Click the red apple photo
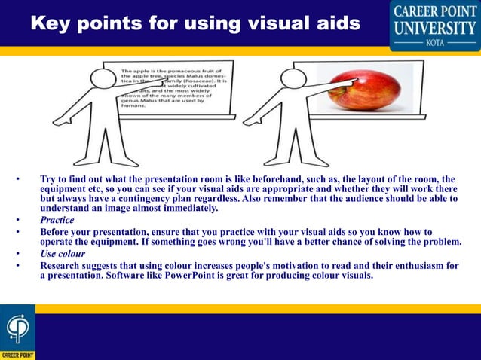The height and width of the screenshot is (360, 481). point(363,86)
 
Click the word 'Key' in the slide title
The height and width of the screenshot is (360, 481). point(52,23)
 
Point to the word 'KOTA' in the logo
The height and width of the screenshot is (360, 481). point(435,44)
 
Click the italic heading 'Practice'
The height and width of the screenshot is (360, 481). point(57,220)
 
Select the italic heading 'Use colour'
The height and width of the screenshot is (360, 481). point(63,254)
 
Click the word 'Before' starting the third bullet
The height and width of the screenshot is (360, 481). point(58,231)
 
